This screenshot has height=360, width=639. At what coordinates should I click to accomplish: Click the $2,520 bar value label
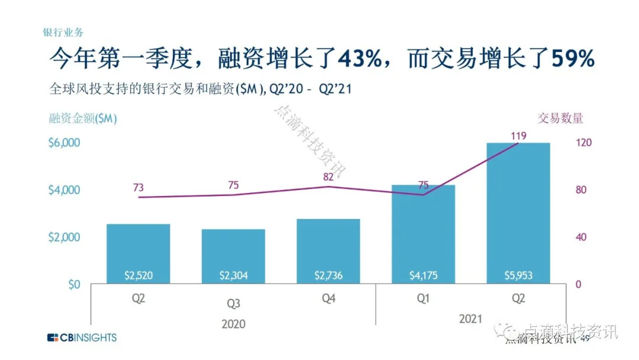pos(138,275)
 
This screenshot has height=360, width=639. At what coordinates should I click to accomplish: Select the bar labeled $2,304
pos(234,256)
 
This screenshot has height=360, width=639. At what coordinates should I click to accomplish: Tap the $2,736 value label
pos(328,275)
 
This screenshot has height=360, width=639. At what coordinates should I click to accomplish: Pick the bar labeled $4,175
pos(424,234)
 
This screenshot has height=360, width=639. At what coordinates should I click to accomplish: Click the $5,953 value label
pos(518,275)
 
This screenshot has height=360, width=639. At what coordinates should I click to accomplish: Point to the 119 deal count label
pos(519,136)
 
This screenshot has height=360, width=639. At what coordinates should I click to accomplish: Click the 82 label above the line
pos(328,176)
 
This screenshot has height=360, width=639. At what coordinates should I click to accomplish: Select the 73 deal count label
pos(138,187)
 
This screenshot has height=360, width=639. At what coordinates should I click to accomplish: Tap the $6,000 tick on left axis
pos(64,143)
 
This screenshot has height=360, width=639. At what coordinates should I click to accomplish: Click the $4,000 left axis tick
pos(64,190)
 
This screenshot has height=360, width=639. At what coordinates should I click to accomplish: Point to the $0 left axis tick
pos(74,284)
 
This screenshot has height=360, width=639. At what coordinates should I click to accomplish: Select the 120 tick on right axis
pos(583,143)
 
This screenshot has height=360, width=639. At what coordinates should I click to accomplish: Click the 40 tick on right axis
pos(581,237)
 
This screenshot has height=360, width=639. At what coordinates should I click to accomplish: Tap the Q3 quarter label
pos(234,303)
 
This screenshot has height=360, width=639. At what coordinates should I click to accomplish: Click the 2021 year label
pos(471,319)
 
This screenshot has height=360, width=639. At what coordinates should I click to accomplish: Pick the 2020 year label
pos(234,324)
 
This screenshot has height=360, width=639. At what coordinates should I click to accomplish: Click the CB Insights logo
pos(82,337)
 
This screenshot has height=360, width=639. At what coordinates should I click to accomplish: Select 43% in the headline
pos(360,59)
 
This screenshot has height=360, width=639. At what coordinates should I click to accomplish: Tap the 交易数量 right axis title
pos(560,118)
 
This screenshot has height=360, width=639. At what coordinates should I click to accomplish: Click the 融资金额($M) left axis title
pos(83,118)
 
